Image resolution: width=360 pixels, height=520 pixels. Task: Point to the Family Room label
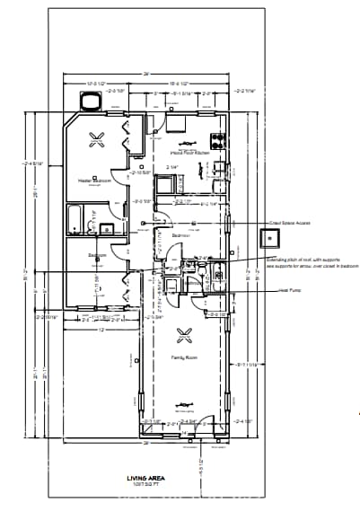coord(184,357)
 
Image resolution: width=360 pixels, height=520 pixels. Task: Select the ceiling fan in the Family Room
coord(184,336)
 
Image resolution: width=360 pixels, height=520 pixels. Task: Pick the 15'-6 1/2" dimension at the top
coord(183,84)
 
